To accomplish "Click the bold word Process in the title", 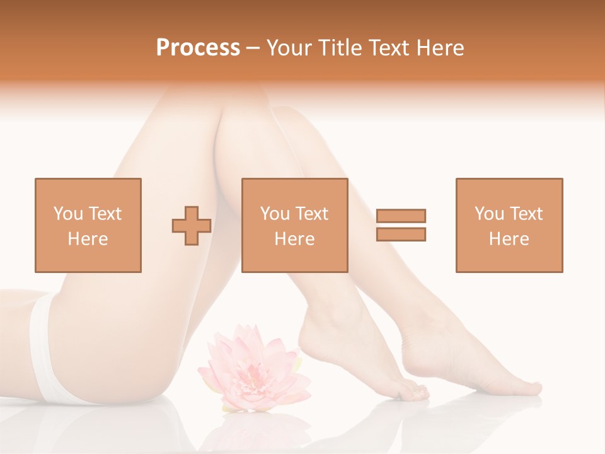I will click(198, 48).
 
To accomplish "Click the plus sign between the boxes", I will click(192, 226).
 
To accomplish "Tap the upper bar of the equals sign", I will click(401, 216).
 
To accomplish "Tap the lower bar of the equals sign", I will click(401, 234).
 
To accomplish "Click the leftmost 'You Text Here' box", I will click(88, 225).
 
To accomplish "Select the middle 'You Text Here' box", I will click(294, 225).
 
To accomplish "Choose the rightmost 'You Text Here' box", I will click(509, 225).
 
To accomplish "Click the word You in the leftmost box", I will click(68, 214).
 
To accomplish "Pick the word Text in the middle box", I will click(312, 214).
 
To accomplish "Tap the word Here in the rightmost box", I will click(509, 239).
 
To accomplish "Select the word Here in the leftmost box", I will click(88, 239).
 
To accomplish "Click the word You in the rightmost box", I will click(489, 214).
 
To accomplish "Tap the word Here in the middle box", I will click(294, 239).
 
